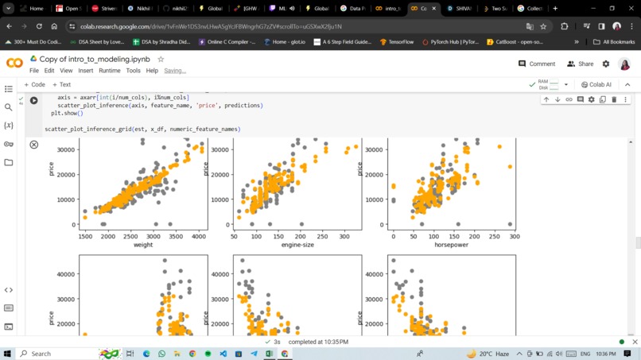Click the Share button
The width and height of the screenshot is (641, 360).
click(581, 64)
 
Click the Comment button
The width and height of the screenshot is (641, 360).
click(537, 64)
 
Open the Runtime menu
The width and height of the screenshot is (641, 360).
click(109, 71)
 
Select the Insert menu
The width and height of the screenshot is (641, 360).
click(85, 71)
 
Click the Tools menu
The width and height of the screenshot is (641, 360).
click(133, 71)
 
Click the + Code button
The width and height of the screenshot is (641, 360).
click(35, 84)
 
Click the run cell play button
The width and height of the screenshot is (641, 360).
click(34, 100)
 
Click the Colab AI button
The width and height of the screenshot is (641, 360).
click(596, 84)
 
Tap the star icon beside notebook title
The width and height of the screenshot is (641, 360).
click(161, 60)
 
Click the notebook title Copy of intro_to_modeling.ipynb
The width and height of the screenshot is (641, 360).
click(95, 60)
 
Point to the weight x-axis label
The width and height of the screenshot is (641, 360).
click(143, 245)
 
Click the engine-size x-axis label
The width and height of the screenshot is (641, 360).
click(297, 245)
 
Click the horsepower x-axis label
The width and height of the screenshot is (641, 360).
click(451, 245)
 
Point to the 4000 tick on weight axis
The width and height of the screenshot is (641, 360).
click(198, 236)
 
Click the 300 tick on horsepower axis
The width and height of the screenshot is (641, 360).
click(514, 236)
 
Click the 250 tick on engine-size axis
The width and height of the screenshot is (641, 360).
click(322, 236)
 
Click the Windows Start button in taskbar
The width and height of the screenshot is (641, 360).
click(8, 354)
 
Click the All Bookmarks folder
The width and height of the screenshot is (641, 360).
click(614, 41)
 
